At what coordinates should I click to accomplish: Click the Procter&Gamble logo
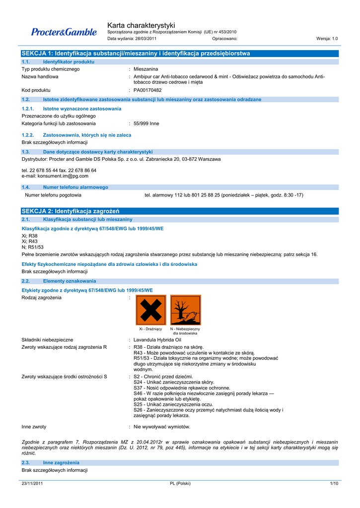[x=64, y=32]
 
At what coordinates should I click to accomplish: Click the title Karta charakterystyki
[x=141, y=25]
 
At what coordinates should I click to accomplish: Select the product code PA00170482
[x=147, y=90]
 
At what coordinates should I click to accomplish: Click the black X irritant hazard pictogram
[x=151, y=310]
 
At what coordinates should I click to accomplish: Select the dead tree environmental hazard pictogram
[x=185, y=310]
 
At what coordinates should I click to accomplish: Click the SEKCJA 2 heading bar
[x=180, y=211]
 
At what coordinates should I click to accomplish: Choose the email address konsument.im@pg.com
[x=55, y=176]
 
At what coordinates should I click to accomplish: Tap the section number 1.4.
[x=26, y=187]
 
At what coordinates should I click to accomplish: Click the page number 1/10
[x=334, y=483]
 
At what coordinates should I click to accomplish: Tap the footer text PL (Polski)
[x=180, y=483]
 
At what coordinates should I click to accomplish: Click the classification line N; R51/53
[x=33, y=247]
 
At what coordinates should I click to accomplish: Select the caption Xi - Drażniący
[x=150, y=329]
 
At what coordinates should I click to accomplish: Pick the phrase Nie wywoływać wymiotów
[x=162, y=427]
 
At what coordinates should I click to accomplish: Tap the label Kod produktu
[x=36, y=90]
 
